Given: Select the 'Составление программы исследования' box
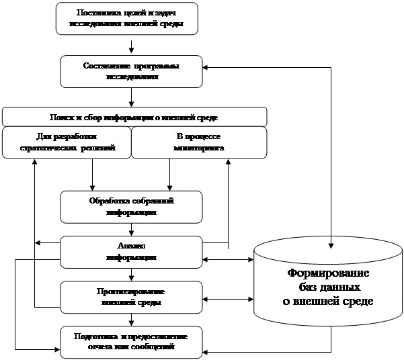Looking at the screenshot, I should (x=131, y=71).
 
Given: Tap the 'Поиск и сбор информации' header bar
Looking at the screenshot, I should (x=134, y=117).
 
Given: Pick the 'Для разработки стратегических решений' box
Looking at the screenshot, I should (x=66, y=142).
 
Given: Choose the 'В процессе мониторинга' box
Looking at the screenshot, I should (x=198, y=142).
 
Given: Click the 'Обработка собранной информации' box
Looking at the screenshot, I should (x=131, y=206).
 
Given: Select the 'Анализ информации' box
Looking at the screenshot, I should (x=131, y=252).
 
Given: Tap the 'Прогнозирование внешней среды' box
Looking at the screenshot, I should (x=131, y=297).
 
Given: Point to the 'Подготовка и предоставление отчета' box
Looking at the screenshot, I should (x=131, y=341).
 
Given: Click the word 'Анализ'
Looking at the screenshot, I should (x=131, y=246).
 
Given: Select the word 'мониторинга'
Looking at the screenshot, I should (x=198, y=147).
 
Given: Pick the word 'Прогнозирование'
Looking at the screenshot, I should (x=131, y=291).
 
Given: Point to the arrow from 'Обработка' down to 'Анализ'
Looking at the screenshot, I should (x=131, y=229).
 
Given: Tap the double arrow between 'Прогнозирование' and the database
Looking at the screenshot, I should (x=228, y=299).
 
